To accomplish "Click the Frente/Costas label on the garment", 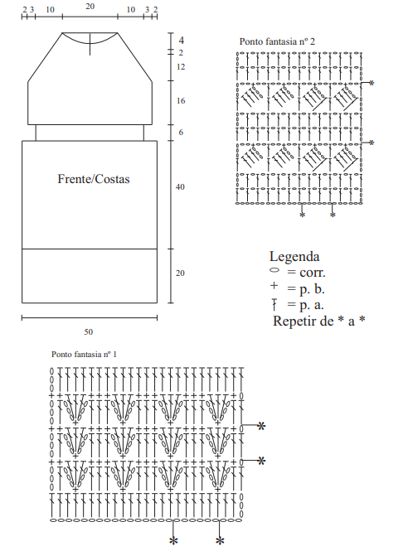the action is point(94,179).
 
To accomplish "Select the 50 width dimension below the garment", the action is point(88,331).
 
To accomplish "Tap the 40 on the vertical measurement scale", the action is point(180,187).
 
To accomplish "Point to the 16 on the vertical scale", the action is point(181,101).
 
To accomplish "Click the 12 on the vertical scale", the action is point(181,67).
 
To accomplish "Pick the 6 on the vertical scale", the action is point(181,133).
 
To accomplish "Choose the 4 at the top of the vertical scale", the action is point(181,41).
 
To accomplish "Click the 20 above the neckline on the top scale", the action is point(90,7).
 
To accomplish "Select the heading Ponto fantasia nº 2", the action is point(277,41).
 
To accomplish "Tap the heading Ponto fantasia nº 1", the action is point(84,354).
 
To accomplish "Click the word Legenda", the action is point(294,257).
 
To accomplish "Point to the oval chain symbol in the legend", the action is point(274,270).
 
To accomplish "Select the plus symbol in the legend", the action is point(274,286).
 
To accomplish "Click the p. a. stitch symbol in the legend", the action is point(274,304).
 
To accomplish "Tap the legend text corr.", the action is point(313,273).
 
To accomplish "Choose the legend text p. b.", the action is point(312,289).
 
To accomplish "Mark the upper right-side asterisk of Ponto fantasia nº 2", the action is point(371,84).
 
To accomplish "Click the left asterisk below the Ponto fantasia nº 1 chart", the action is point(173,541).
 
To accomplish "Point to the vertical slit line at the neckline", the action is point(90,44).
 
